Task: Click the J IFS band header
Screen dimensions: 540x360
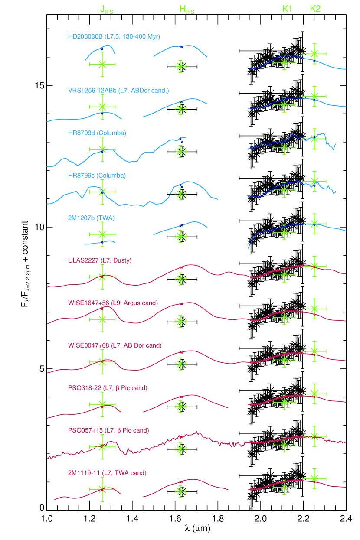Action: (106, 10)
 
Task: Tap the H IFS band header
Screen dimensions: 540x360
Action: (187, 10)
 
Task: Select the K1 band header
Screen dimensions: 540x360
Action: (287, 9)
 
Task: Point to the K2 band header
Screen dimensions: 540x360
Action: (315, 9)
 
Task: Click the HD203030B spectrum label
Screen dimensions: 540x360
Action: (114, 37)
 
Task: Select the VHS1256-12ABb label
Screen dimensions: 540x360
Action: (118, 91)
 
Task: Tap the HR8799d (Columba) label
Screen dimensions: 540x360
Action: (97, 133)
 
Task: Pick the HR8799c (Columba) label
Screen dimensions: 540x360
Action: (97, 176)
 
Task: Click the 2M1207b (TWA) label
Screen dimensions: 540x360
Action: (91, 218)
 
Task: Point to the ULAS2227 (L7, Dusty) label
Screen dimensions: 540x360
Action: (100, 260)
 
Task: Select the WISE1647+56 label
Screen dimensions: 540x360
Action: (113, 303)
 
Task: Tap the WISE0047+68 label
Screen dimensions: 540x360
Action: (115, 345)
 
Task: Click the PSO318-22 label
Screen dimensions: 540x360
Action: (108, 387)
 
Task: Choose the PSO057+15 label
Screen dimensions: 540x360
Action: (108, 430)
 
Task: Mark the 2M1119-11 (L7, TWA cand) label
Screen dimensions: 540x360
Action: (107, 473)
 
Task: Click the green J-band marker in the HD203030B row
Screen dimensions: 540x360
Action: (102, 64)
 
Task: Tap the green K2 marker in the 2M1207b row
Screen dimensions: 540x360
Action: (314, 223)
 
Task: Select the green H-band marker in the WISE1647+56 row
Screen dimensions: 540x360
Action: (180, 321)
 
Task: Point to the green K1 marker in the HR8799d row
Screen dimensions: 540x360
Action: (284, 147)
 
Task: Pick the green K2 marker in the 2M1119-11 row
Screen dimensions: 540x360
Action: (314, 478)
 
